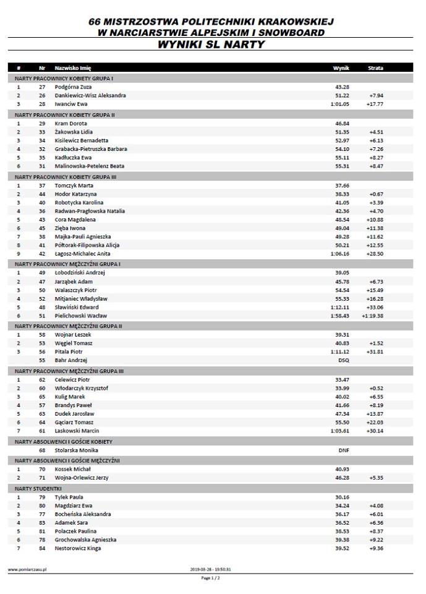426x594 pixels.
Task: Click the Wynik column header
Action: coord(341,67)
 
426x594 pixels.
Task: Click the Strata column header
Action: coord(375,67)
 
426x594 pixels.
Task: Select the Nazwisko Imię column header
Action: coord(72,67)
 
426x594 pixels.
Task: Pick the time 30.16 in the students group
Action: coord(342,497)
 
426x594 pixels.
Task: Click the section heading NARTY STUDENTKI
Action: coord(35,488)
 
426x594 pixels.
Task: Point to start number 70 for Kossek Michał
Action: coord(42,470)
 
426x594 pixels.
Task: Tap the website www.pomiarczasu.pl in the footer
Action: coord(28,569)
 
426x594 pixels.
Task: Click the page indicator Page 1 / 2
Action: coord(210,578)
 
